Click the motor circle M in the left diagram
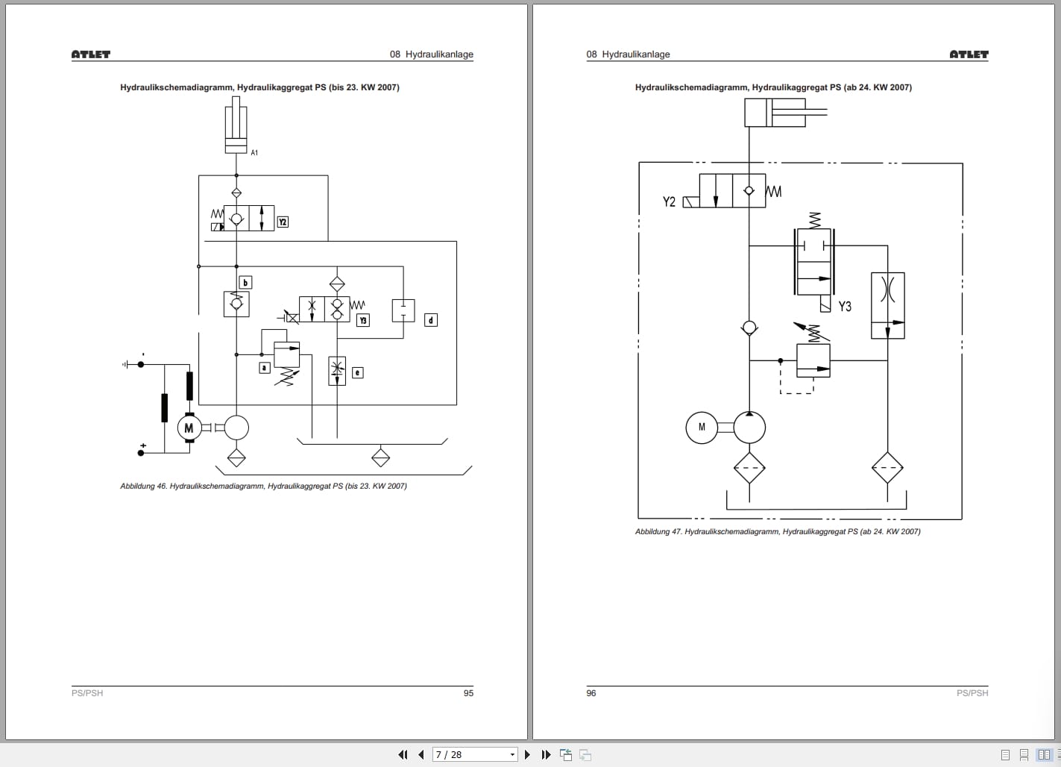point(189,428)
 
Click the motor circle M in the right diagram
point(702,428)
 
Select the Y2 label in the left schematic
point(283,222)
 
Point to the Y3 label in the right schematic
point(844,307)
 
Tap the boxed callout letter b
point(245,283)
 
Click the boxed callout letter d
point(430,320)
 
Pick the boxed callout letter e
point(357,372)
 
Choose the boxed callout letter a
point(264,367)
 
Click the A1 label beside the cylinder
point(254,153)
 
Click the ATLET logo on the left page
point(91,54)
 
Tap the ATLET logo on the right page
point(969,54)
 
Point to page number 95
point(468,693)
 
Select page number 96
point(591,693)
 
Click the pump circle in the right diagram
point(749,428)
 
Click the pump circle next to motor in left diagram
point(236,428)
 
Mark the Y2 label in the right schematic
point(669,201)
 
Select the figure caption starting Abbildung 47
point(778,532)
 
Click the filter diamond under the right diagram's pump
point(749,469)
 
